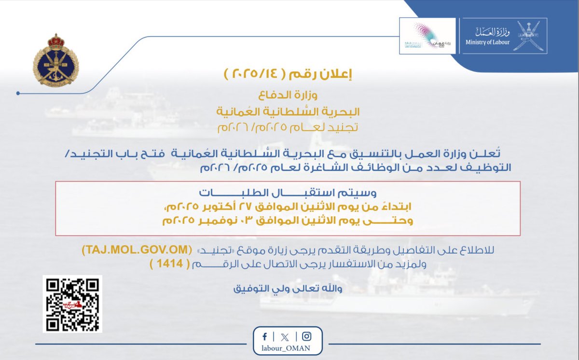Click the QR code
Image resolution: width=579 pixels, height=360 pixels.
click(x=72, y=304)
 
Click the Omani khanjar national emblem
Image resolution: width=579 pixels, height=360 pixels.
click(x=528, y=35)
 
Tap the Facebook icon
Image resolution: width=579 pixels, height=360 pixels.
click(x=265, y=336)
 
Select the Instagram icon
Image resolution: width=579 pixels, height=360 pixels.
click(x=306, y=336)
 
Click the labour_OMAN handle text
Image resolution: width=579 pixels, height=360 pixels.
click(x=287, y=349)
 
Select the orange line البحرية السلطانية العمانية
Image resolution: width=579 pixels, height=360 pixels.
click(x=288, y=111)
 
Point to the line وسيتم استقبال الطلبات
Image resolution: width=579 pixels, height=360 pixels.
click(x=288, y=192)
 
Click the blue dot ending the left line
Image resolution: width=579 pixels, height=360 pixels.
click(x=17, y=93)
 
